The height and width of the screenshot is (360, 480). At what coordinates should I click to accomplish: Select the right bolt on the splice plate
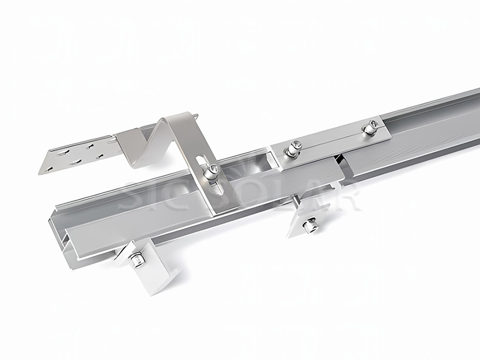click(x=370, y=127)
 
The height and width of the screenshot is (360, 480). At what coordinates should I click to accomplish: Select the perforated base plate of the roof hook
click(x=78, y=153)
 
